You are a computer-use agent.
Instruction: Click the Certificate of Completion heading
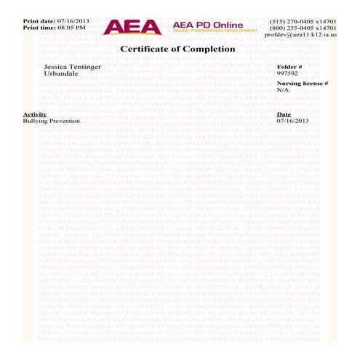click(x=177, y=49)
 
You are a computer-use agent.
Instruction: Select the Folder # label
click(x=289, y=66)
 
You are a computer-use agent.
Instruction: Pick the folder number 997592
click(x=288, y=73)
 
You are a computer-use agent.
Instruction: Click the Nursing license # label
click(x=303, y=84)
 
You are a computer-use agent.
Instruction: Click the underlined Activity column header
click(x=34, y=114)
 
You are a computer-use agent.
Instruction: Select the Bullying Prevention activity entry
click(x=51, y=121)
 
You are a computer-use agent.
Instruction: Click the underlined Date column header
click(x=284, y=114)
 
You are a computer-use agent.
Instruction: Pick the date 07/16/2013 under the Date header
click(x=293, y=121)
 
